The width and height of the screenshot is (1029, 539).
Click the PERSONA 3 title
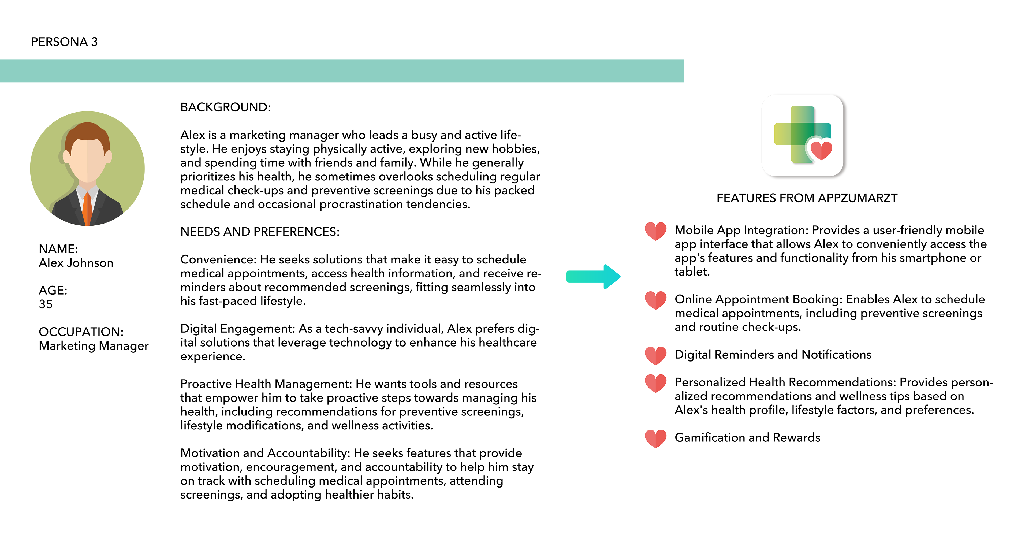point(64,42)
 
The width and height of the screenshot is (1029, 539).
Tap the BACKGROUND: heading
point(225,107)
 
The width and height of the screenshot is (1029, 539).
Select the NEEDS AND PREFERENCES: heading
point(260,232)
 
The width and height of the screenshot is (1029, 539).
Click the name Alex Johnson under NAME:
point(76,263)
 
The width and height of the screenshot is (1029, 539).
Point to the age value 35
point(46,304)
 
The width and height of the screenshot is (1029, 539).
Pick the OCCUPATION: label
point(81,332)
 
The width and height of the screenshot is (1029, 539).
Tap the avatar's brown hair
point(87,132)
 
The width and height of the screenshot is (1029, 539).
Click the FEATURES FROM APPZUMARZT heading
point(807,198)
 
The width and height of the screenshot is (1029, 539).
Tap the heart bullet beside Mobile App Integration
point(655,231)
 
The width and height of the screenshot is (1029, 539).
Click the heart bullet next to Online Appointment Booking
point(655,300)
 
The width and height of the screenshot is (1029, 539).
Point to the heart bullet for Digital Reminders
point(655,355)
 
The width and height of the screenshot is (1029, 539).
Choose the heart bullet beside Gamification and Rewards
point(655,438)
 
